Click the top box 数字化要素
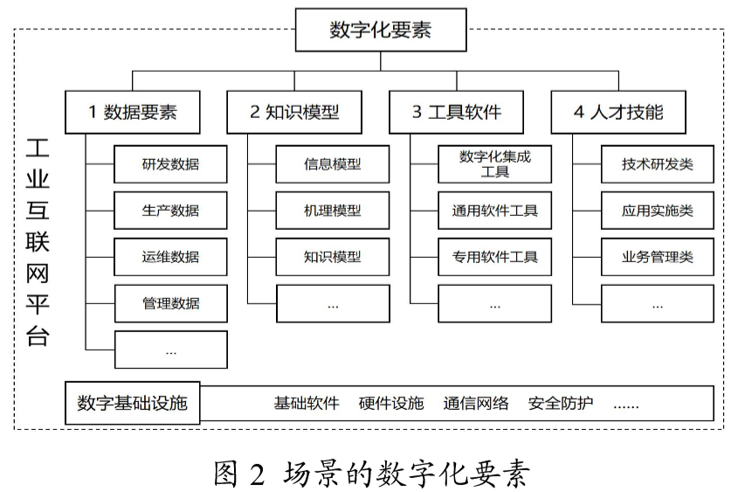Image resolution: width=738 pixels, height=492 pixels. [x=380, y=31]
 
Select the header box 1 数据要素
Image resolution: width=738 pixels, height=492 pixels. [x=133, y=112]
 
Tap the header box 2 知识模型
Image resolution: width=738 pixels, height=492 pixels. [x=294, y=112]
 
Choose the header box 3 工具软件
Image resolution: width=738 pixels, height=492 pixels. [x=457, y=112]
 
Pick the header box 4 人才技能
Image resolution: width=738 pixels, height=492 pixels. [x=618, y=112]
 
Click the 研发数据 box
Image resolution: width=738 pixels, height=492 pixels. [x=170, y=163]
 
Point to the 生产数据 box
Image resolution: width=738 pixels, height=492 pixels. [x=170, y=210]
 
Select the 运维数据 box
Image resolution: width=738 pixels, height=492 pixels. [x=170, y=256]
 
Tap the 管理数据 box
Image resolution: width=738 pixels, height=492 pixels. [x=170, y=303]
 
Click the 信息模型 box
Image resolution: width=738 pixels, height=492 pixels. [x=333, y=163]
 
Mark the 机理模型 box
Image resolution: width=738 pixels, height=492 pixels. [x=333, y=210]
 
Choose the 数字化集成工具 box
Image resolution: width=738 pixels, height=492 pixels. [x=495, y=163]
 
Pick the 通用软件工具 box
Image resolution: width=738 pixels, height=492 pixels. [x=495, y=210]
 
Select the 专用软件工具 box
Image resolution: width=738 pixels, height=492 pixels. [x=495, y=256]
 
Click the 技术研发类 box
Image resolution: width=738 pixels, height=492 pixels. [x=657, y=163]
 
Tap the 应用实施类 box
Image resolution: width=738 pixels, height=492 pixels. [x=657, y=210]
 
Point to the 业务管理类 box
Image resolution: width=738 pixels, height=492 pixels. [x=657, y=256]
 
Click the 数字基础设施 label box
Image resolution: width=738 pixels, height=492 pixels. [x=132, y=403]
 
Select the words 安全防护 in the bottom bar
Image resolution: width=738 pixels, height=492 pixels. [x=561, y=403]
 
